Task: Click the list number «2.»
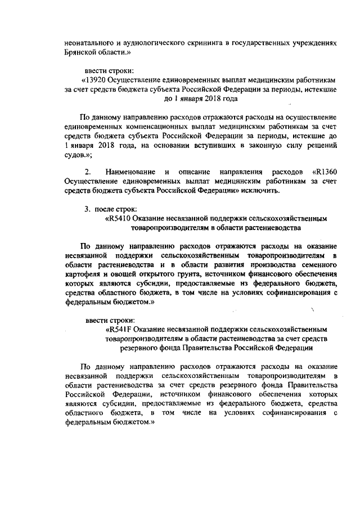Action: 88,171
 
